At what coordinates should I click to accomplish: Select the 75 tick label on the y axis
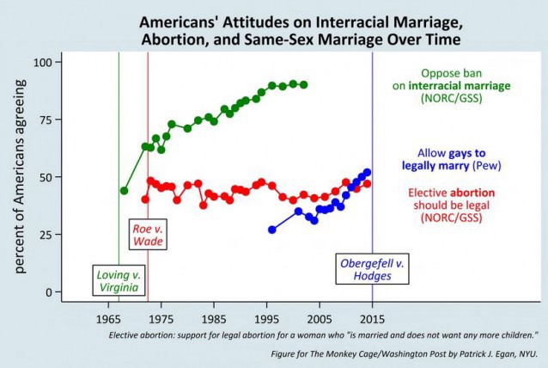pyautogui.click(x=45, y=120)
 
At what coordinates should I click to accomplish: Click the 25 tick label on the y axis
pyautogui.click(x=45, y=235)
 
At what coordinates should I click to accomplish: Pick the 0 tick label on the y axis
pyautogui.click(x=49, y=292)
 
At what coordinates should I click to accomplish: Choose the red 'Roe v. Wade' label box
pyautogui.click(x=147, y=235)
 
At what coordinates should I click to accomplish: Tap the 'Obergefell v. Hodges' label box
pyautogui.click(x=371, y=269)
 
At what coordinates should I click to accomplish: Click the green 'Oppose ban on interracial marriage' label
pyautogui.click(x=465, y=86)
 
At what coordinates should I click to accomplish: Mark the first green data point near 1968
pyautogui.click(x=124, y=190)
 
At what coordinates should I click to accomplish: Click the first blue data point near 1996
pyautogui.click(x=272, y=230)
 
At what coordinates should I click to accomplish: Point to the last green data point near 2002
pyautogui.click(x=303, y=84)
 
